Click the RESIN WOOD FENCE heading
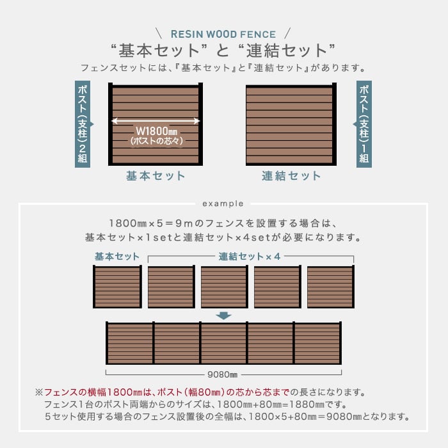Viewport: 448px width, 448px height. pyautogui.click(x=223, y=35)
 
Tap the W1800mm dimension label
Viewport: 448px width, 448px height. pyautogui.click(x=156, y=131)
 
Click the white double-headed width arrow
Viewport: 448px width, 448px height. pyautogui.click(x=156, y=121)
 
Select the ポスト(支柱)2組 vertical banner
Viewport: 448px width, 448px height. pyautogui.click(x=83, y=124)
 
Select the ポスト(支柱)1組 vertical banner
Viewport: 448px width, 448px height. pyautogui.click(x=364, y=124)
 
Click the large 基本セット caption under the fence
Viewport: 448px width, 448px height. pyautogui.click(x=156, y=176)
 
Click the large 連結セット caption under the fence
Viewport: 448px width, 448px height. pyautogui.click(x=291, y=176)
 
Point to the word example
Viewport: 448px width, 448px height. pyautogui.click(x=223, y=204)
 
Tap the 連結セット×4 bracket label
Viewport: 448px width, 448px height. pyautogui.click(x=249, y=256)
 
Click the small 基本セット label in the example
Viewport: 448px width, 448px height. pyautogui.click(x=117, y=256)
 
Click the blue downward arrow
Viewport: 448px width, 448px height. pyautogui.click(x=223, y=316)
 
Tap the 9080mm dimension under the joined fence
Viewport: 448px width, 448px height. pyautogui.click(x=222, y=374)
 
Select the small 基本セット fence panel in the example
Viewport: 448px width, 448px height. pyautogui.click(x=117, y=287)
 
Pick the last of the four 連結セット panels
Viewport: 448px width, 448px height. pyautogui.click(x=331, y=287)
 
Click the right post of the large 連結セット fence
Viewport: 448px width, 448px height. pyautogui.click(x=334, y=124)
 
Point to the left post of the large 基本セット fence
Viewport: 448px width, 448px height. pyautogui.click(x=110, y=124)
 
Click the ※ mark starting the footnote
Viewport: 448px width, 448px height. pyautogui.click(x=39, y=392)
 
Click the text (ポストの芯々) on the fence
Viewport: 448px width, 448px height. pyautogui.click(x=156, y=141)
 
